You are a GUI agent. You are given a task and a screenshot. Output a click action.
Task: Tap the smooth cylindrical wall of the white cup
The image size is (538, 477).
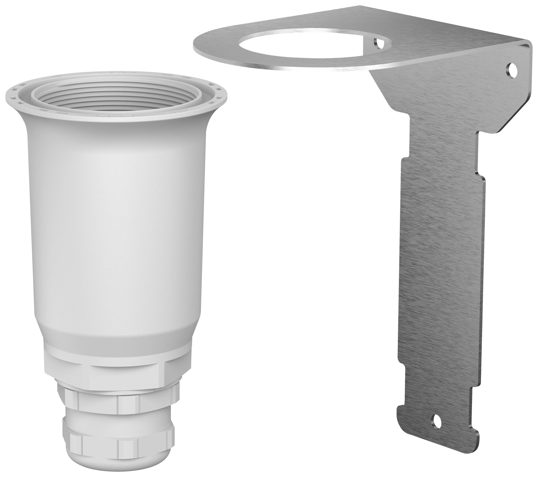click(116, 223)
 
